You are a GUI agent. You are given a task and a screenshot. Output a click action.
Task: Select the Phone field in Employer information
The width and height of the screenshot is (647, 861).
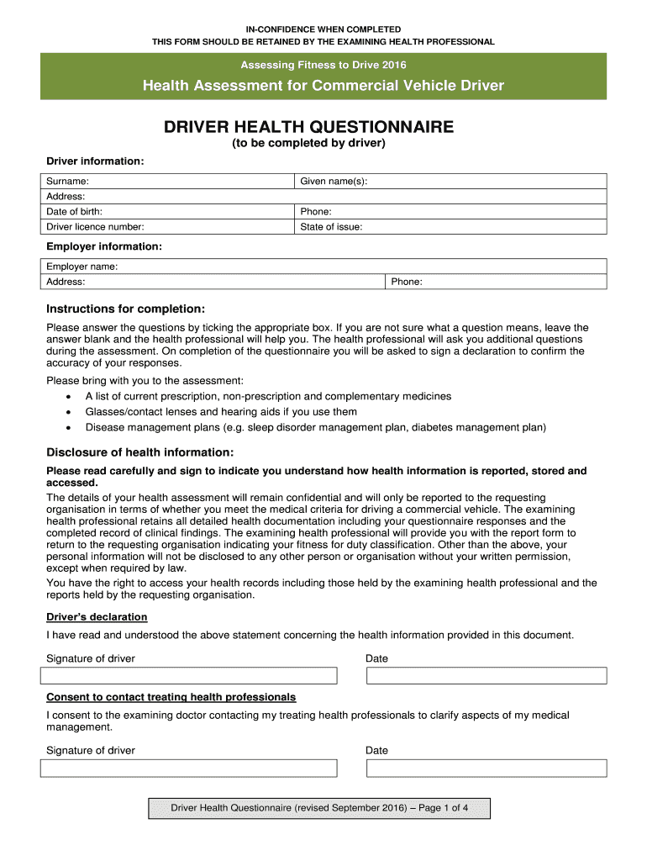tap(496, 282)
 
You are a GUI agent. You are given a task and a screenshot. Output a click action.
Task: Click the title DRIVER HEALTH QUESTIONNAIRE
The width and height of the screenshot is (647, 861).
tap(308, 127)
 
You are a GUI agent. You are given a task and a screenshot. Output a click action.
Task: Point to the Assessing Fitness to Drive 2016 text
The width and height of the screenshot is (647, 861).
tap(323, 65)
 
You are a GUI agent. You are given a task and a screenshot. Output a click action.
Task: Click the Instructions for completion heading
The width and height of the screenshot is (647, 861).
tap(125, 309)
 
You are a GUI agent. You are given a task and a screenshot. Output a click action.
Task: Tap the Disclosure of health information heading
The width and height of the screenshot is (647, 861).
tap(139, 452)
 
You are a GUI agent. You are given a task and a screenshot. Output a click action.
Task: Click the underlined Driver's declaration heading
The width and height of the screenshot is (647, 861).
tap(97, 617)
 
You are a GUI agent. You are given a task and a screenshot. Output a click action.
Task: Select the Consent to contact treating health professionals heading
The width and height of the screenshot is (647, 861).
tap(171, 697)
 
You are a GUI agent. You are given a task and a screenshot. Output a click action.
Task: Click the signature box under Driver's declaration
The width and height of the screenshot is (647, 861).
tap(189, 676)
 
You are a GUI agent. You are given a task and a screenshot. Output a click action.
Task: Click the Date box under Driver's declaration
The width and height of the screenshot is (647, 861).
tap(486, 676)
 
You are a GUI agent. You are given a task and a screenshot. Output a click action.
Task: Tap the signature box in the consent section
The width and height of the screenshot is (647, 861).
tap(189, 768)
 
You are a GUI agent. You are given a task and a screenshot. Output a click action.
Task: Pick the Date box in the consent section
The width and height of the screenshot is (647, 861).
tap(486, 768)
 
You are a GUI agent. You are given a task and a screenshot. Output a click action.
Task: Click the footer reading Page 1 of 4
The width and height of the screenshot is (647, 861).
tap(319, 808)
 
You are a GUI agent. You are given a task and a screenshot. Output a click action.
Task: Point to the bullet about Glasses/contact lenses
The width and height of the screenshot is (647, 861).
tap(221, 412)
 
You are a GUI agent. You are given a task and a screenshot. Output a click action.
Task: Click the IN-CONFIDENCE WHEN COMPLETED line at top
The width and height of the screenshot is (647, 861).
tap(323, 29)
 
